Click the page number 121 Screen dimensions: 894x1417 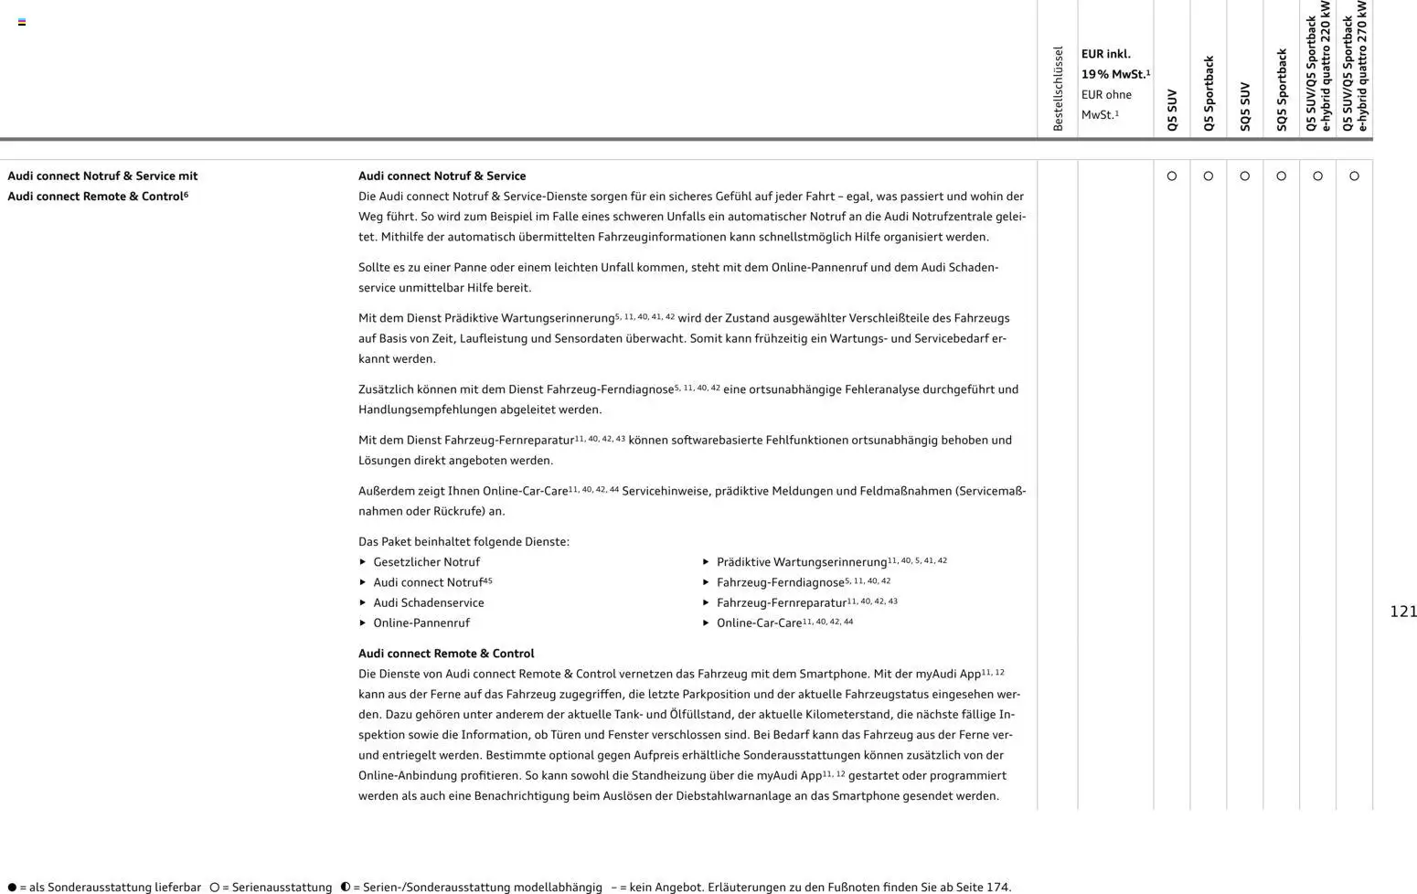pyautogui.click(x=1402, y=612)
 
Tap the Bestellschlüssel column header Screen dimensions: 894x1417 pyautogui.click(x=1058, y=89)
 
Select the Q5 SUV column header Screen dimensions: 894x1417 pyautogui.click(x=1172, y=110)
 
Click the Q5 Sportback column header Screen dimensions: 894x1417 pyautogui.click(x=1209, y=93)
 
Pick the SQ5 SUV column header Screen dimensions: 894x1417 pyautogui.click(x=1244, y=106)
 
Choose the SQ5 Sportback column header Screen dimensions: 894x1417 pyautogui.click(x=1282, y=90)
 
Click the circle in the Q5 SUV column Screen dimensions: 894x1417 pyautogui.click(x=1172, y=176)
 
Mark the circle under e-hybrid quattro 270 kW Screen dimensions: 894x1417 pyautogui.click(x=1354, y=176)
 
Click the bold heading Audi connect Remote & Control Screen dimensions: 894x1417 pyautogui.click(x=446, y=654)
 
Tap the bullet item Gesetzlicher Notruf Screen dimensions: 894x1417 pyautogui.click(x=426, y=562)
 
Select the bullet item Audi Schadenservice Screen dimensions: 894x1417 pyautogui.click(x=428, y=602)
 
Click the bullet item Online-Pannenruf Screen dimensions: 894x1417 pyautogui.click(x=421, y=623)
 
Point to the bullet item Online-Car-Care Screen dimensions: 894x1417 pyautogui.click(x=759, y=623)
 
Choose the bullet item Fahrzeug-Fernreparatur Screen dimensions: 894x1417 pyautogui.click(x=781, y=602)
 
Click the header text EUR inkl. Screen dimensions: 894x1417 pyautogui.click(x=1105, y=54)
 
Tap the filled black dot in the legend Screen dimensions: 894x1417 pyautogui.click(x=12, y=887)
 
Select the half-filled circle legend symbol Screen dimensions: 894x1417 pyautogui.click(x=346, y=887)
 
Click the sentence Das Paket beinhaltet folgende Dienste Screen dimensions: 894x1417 pyautogui.click(x=463, y=542)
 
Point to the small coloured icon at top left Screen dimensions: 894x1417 pyautogui.click(x=22, y=22)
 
